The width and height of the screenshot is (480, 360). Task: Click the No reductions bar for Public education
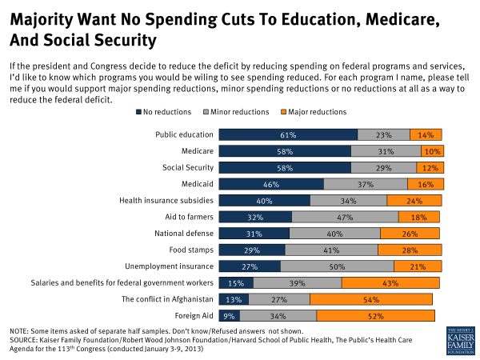(288, 134)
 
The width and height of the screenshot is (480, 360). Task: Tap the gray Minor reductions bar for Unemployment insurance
(337, 266)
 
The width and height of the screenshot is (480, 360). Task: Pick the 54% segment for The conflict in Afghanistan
(370, 299)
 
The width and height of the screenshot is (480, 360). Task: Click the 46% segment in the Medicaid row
(271, 183)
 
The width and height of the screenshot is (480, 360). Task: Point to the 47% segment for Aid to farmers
(345, 216)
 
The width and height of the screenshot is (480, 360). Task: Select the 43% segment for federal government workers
(390, 282)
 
